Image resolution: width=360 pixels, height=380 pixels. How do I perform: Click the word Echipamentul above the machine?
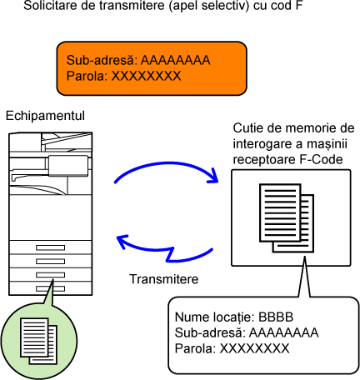tap(45, 116)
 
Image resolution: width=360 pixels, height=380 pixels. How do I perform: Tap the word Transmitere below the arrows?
tap(164, 279)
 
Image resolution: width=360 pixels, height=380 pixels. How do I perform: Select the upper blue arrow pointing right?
tap(167, 164)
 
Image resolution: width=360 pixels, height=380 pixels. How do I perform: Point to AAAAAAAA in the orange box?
tap(176, 60)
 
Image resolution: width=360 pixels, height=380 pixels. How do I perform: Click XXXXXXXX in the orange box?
tap(146, 76)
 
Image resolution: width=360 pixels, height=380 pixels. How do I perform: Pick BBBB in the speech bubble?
tap(276, 317)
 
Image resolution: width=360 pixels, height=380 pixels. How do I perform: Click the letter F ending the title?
tap(298, 6)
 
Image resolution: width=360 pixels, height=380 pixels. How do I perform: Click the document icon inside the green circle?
tap(39, 341)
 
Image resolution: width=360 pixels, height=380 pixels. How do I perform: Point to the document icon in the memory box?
tap(287, 218)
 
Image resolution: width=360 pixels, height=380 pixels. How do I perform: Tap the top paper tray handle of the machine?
tap(50, 247)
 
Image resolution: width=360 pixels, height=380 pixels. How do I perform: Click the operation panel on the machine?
tap(68, 166)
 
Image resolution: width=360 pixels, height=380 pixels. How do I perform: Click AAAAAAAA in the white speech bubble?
tap(283, 332)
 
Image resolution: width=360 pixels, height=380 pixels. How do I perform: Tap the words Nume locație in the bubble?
tap(214, 317)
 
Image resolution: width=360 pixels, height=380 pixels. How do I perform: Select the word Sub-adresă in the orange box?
tap(102, 60)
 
